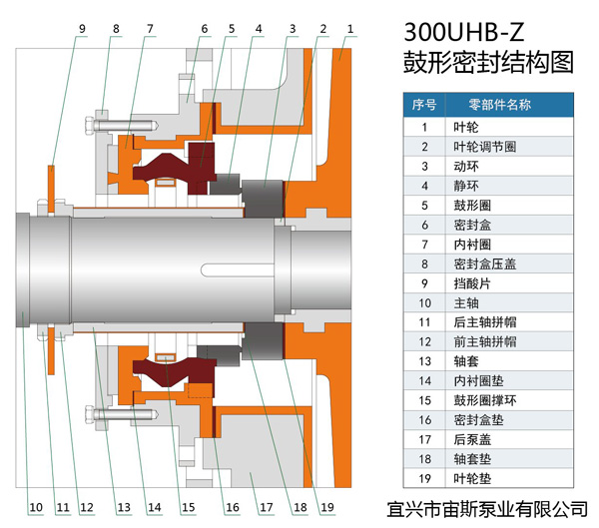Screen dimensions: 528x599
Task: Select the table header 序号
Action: click(x=424, y=104)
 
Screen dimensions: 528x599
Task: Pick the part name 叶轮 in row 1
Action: click(x=463, y=127)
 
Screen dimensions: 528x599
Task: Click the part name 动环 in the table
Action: click(x=463, y=166)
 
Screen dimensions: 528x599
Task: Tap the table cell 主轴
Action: click(x=463, y=302)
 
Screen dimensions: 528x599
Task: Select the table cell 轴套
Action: click(x=463, y=360)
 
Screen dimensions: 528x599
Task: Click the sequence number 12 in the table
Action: click(x=424, y=341)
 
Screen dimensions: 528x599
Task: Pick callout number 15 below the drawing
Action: click(x=188, y=507)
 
